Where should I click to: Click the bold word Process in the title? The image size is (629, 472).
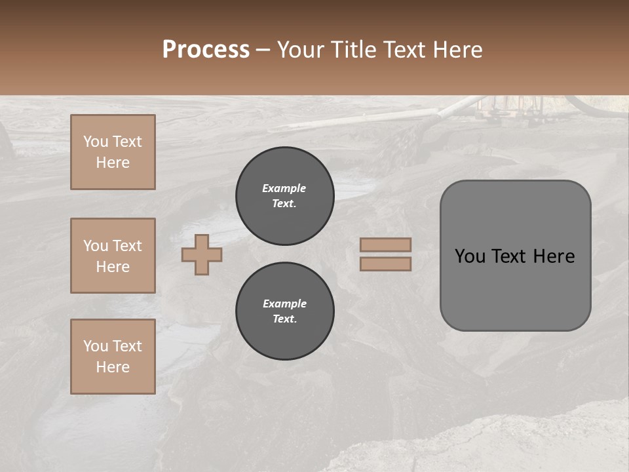(x=206, y=50)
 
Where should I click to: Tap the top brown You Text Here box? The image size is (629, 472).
(x=113, y=152)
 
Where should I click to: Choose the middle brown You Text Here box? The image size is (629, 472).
(x=113, y=256)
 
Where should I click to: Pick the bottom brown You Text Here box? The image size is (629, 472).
(x=113, y=357)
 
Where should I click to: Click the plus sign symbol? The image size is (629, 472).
(x=202, y=254)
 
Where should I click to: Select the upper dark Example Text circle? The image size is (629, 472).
(x=285, y=196)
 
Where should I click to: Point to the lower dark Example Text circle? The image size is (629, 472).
(x=285, y=311)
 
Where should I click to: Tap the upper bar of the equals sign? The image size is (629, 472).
(x=386, y=245)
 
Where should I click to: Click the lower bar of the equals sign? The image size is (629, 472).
(x=386, y=264)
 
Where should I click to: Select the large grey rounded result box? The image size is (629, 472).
(x=515, y=256)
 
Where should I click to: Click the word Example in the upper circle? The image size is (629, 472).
(x=284, y=188)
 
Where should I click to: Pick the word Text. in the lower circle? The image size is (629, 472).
(x=285, y=319)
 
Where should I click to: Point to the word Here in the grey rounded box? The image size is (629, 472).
(x=554, y=256)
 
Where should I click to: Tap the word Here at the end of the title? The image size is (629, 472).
(x=459, y=50)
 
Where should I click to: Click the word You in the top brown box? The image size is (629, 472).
(x=96, y=142)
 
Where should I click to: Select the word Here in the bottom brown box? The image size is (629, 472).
(x=113, y=367)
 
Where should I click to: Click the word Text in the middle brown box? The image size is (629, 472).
(x=126, y=246)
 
